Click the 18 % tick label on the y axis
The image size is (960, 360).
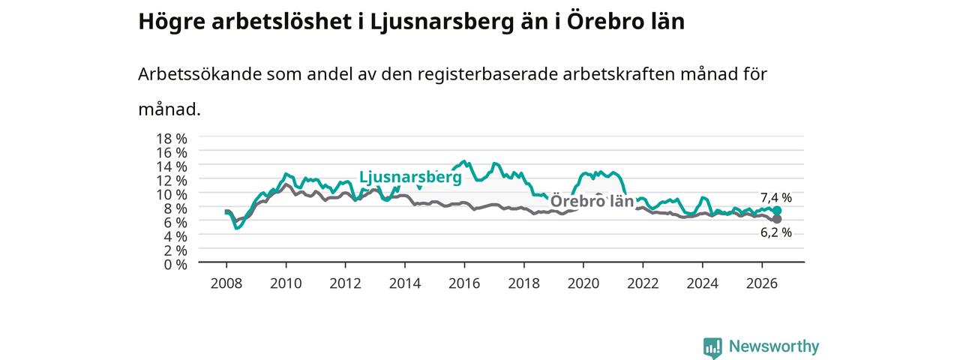point(172,139)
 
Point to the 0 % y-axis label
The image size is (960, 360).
point(175,265)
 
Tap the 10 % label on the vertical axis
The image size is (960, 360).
point(172,194)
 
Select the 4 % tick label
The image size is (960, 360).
point(175,236)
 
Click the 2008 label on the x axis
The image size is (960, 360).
point(226,283)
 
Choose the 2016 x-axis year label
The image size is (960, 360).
point(464,283)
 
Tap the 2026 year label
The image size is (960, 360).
point(761,283)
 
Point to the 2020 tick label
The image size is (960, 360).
point(583,283)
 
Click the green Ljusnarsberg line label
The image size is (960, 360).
point(410,177)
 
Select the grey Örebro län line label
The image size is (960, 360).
point(592,201)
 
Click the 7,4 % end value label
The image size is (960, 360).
point(776,197)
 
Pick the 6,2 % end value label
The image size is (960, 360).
point(776,232)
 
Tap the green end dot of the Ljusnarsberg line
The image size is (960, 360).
point(776,211)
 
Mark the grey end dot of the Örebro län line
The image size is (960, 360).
point(776,219)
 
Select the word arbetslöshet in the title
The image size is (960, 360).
point(282,22)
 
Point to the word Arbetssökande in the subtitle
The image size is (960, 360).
point(199,74)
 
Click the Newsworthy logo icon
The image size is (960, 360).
point(712,347)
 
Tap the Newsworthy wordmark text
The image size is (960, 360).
point(774,346)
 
